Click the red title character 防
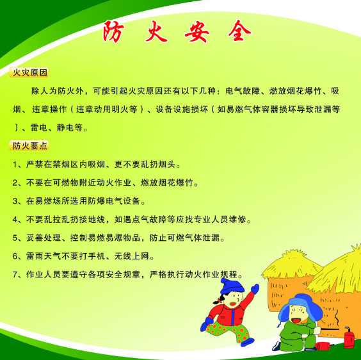pos(113,32)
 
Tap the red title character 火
pos(156,32)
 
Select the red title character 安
pos(197,32)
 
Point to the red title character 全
pos(239,31)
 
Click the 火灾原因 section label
pos(29,72)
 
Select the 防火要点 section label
pos(29,145)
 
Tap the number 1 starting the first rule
pos(15,165)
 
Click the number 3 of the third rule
pos(15,201)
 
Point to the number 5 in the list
pos(15,238)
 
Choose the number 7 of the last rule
pos(15,275)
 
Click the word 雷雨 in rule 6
pos(35,256)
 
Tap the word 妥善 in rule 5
pos(35,238)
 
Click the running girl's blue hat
pos(231,286)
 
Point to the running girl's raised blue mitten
pos(255,288)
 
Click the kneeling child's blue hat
pos(300,307)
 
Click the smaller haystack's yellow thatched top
pos(292,264)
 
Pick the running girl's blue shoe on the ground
pos(247,341)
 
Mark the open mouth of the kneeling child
pos(296,320)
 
